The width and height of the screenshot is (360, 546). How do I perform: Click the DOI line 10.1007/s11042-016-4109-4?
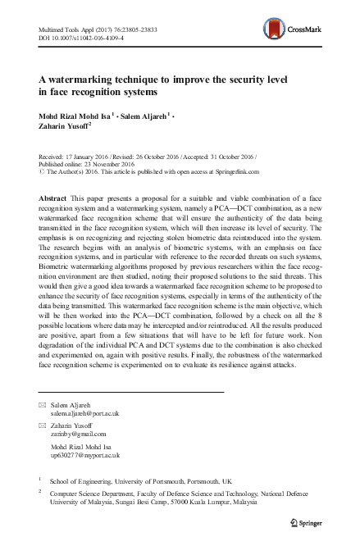pyautogui.click(x=83, y=38)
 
